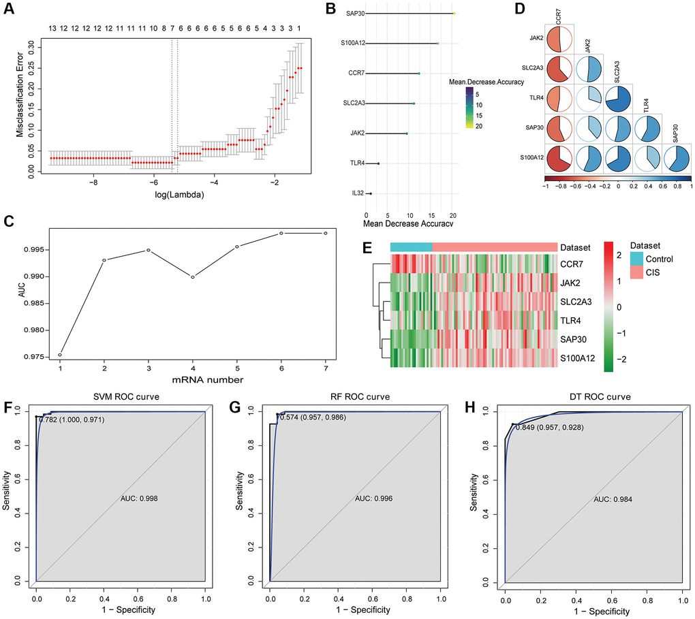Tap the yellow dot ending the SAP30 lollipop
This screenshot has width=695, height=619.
point(454,14)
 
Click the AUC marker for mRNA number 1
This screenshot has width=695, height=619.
point(60,355)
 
